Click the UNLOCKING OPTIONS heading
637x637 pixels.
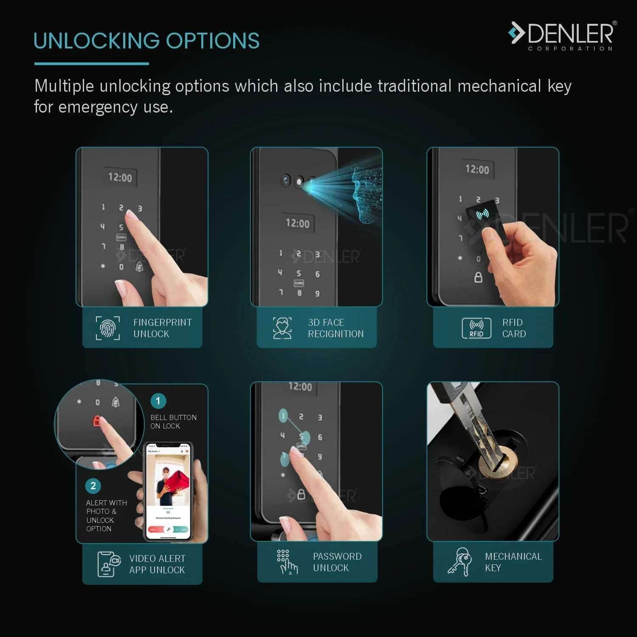(x=147, y=41)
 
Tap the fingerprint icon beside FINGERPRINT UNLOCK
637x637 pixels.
(x=108, y=328)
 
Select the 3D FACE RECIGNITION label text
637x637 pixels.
(x=335, y=328)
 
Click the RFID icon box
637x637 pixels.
(x=476, y=328)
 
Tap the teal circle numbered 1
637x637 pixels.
(x=158, y=401)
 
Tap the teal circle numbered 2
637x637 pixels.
(x=93, y=486)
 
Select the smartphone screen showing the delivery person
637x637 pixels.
(x=168, y=493)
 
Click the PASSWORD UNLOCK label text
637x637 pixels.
(x=337, y=562)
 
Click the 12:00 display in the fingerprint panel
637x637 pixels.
(x=120, y=177)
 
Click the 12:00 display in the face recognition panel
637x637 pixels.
(x=298, y=223)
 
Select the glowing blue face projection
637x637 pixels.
(x=365, y=195)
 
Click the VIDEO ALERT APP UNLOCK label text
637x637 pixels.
(x=157, y=564)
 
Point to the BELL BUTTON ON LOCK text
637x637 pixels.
(x=173, y=422)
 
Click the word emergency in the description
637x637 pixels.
(x=98, y=107)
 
